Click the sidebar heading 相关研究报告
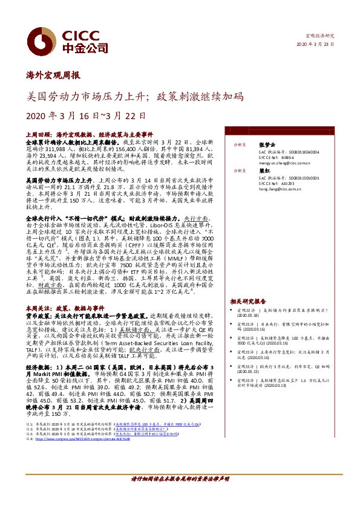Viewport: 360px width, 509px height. (x=248, y=300)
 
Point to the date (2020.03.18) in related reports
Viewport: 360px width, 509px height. (x=247, y=315)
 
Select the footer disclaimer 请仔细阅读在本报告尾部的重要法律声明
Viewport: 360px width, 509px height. (x=180, y=495)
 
